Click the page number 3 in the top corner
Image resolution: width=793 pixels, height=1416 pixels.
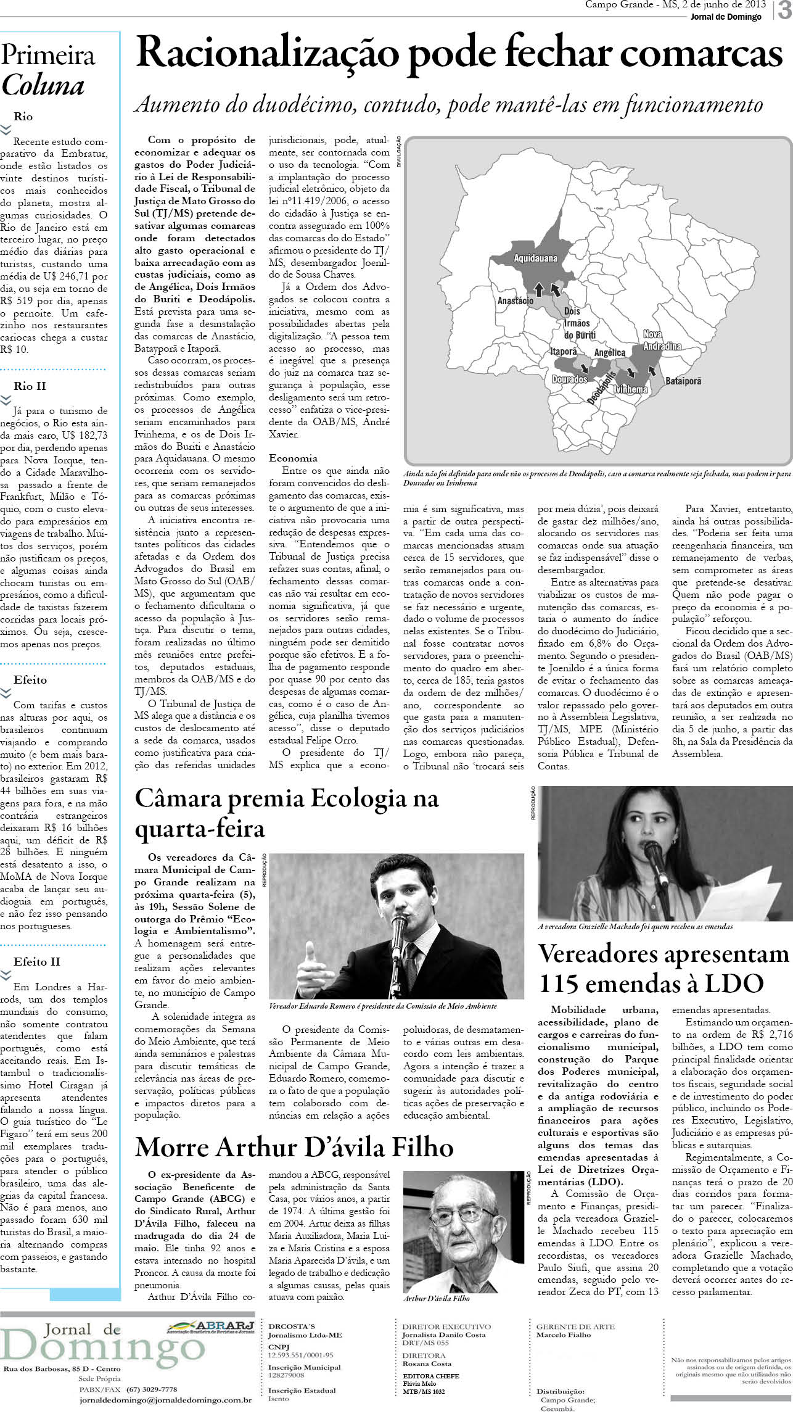pos(784,11)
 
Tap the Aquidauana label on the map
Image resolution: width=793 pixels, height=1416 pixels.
pos(535,259)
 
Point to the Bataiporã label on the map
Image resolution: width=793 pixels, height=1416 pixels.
pos(683,381)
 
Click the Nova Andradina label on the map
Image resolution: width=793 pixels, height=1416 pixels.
pos(662,340)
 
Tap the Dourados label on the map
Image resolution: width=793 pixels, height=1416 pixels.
pos(569,379)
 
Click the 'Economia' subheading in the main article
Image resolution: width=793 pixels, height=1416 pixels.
pos(293,458)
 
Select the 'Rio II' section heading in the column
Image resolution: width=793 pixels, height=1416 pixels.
pos(30,386)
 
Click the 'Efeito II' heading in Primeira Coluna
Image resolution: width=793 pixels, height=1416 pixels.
pos(36,961)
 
